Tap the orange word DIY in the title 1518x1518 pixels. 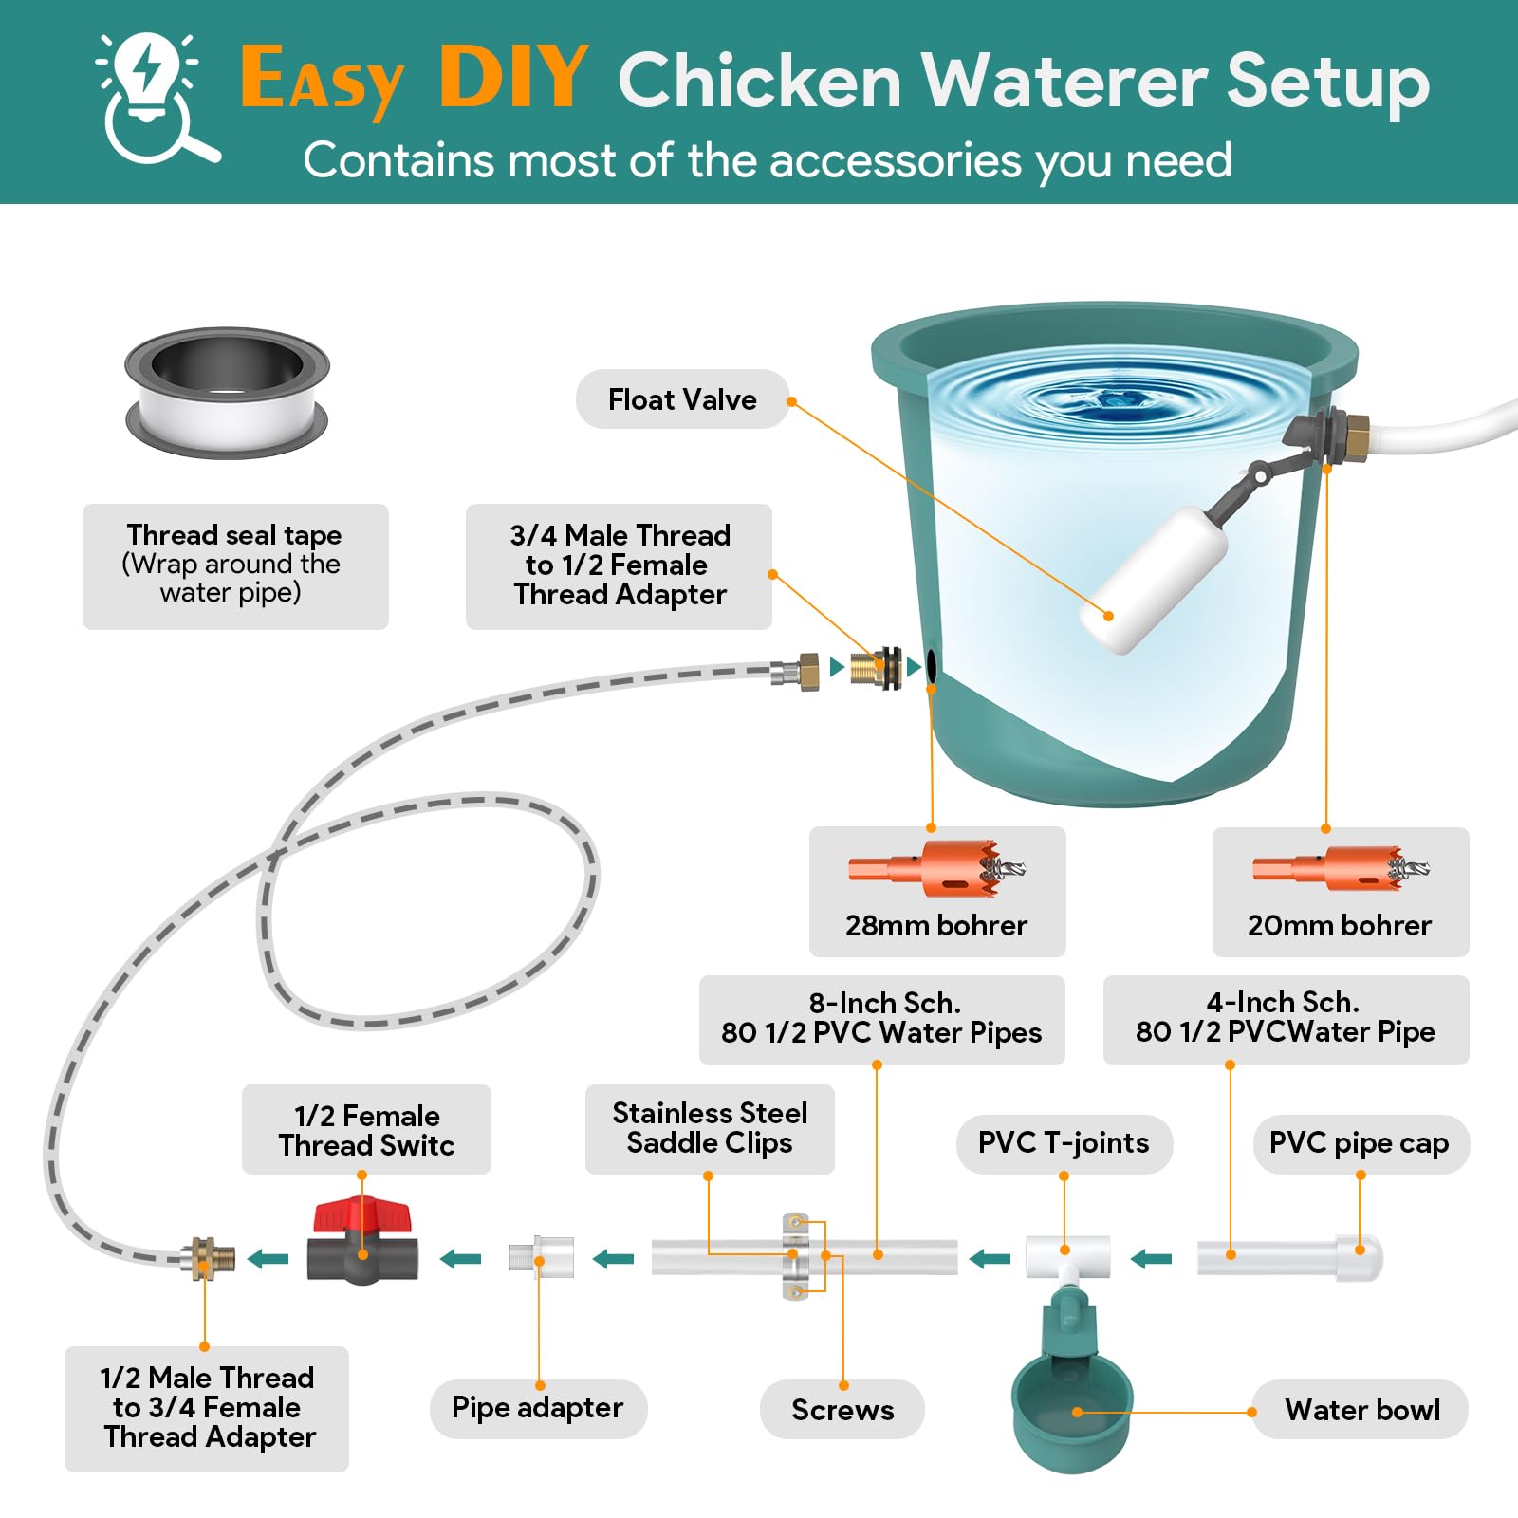click(513, 78)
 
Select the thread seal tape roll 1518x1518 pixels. click(227, 393)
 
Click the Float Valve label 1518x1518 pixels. click(682, 399)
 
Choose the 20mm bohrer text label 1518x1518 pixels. click(1339, 925)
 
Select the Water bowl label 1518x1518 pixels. click(1361, 1410)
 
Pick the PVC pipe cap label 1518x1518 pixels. click(1359, 1143)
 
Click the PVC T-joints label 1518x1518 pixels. click(1064, 1143)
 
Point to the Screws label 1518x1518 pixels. click(842, 1410)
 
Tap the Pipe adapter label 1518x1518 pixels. click(537, 1408)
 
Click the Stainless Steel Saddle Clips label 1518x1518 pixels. click(710, 1128)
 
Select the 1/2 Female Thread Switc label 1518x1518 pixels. click(366, 1130)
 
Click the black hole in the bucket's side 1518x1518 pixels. click(932, 666)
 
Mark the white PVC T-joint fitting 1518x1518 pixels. click(1067, 1258)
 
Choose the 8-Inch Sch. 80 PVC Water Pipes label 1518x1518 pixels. click(881, 1019)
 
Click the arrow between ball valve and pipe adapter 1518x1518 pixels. click(461, 1259)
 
